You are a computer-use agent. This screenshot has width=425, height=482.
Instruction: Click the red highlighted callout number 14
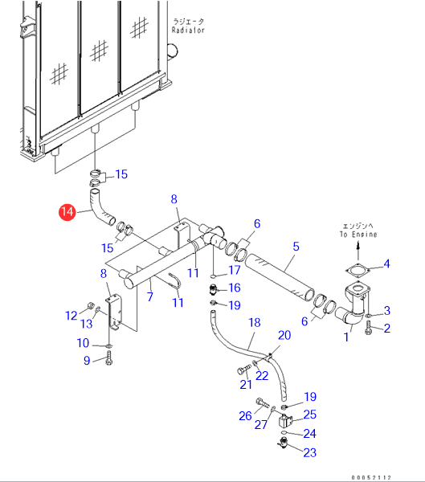click(67, 212)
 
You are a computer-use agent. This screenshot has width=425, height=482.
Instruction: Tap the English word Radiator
click(188, 31)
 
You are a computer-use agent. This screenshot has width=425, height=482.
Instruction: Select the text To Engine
click(358, 235)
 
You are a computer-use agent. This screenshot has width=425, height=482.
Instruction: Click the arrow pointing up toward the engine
click(358, 251)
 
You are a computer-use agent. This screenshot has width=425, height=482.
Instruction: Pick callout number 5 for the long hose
click(296, 247)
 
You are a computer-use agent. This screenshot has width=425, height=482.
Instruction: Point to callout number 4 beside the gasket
click(386, 263)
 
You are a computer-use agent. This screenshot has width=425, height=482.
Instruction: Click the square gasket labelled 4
click(358, 271)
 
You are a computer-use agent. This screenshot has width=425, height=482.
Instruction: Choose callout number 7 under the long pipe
click(149, 296)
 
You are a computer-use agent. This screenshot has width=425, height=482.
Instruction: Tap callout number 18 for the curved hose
click(255, 322)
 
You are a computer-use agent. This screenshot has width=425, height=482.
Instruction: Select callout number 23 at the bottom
click(309, 452)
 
